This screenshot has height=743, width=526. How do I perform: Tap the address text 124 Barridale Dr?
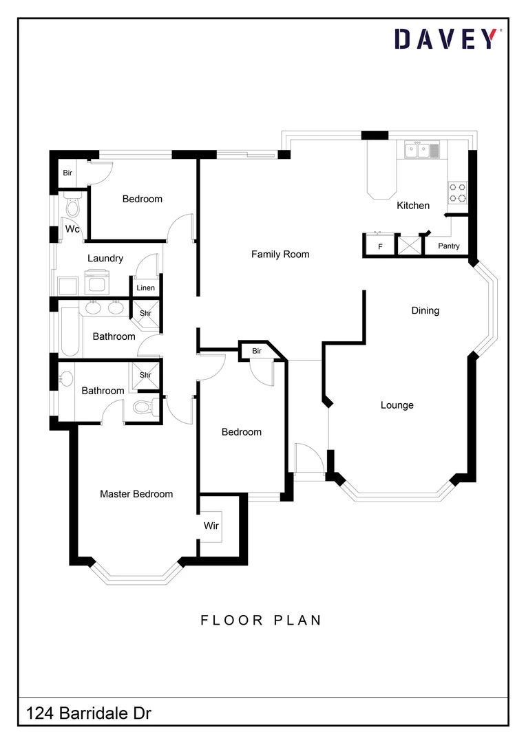(89, 713)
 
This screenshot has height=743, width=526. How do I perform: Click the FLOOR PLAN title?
(261, 620)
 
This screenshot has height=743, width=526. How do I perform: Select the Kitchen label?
(413, 205)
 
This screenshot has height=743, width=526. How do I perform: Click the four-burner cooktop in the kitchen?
(458, 192)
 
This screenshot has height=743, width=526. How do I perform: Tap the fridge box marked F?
(379, 246)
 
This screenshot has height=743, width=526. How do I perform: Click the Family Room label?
(280, 254)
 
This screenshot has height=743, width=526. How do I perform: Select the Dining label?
(425, 310)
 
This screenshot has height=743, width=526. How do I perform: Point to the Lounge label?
(397, 405)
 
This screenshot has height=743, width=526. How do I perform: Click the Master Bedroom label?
(136, 494)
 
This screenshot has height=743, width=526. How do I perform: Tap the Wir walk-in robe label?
(211, 526)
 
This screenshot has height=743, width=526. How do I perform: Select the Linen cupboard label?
(145, 288)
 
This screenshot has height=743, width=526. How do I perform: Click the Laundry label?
(105, 258)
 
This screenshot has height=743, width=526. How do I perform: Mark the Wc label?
(73, 228)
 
